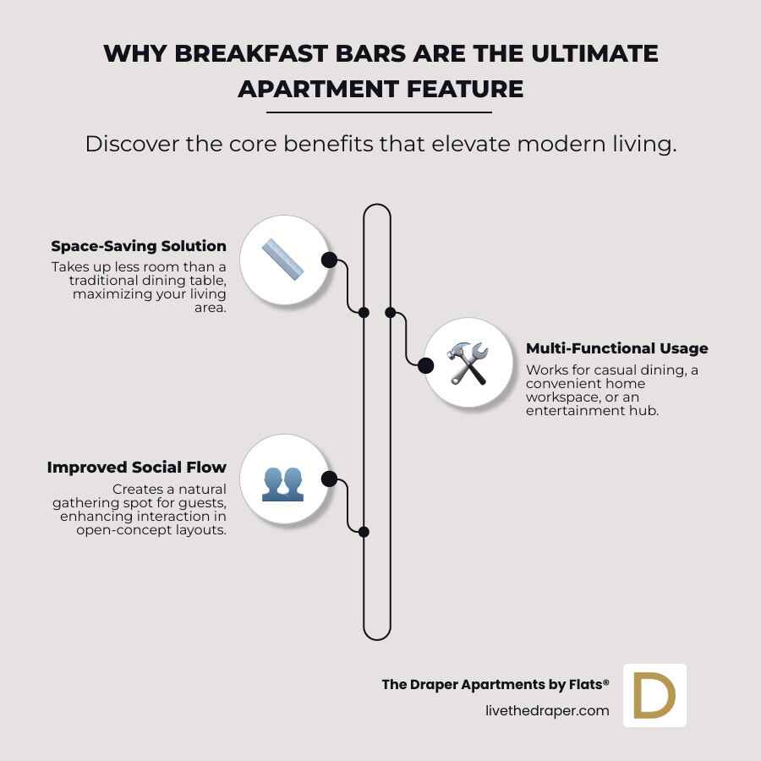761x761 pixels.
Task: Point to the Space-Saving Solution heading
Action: pos(139,246)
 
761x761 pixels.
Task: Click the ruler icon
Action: pos(282,260)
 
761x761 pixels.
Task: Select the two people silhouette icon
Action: pos(282,481)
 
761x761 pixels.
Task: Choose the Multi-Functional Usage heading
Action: pos(617,348)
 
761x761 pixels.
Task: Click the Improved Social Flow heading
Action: pos(137,468)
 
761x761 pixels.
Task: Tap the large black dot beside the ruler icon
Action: pos(329,260)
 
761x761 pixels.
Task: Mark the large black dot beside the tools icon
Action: pos(426,365)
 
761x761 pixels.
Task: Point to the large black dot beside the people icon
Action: pos(329,480)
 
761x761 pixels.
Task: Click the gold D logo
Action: pos(654,695)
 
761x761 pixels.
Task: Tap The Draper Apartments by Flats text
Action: pos(495,684)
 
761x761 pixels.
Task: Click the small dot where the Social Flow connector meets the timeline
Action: pos(364,532)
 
